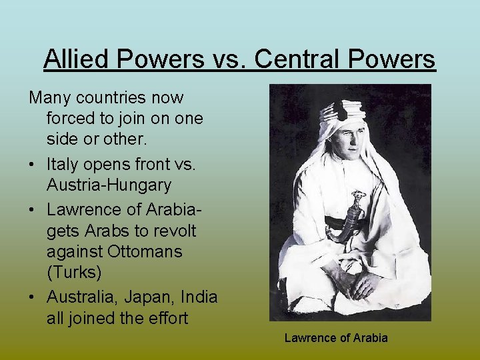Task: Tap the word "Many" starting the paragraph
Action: [x=51, y=98]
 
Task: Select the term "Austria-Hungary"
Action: [x=109, y=185]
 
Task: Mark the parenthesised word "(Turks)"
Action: [x=72, y=274]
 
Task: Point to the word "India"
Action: [x=199, y=296]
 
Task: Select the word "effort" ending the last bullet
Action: [x=166, y=318]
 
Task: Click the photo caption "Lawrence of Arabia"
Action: [x=335, y=338]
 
